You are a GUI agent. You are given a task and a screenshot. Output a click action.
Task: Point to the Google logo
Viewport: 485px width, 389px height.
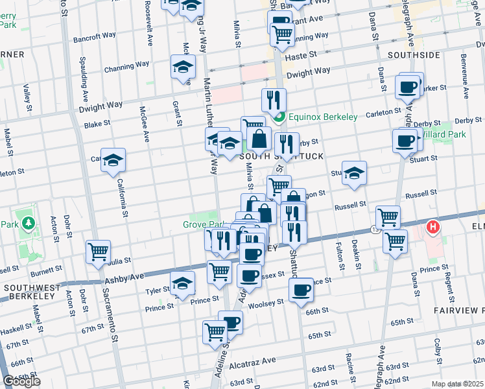pyautogui.click(x=21, y=381)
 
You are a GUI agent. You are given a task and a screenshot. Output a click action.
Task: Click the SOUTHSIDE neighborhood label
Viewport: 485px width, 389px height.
pyautogui.click(x=414, y=55)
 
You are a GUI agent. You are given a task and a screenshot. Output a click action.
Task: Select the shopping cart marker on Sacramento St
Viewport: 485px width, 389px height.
pyautogui.click(x=98, y=251)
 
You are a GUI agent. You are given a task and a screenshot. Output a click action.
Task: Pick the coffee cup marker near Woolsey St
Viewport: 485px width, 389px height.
pyautogui.click(x=301, y=290)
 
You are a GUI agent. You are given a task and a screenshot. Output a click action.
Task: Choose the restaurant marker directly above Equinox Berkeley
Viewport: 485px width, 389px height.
pyautogui.click(x=274, y=100)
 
